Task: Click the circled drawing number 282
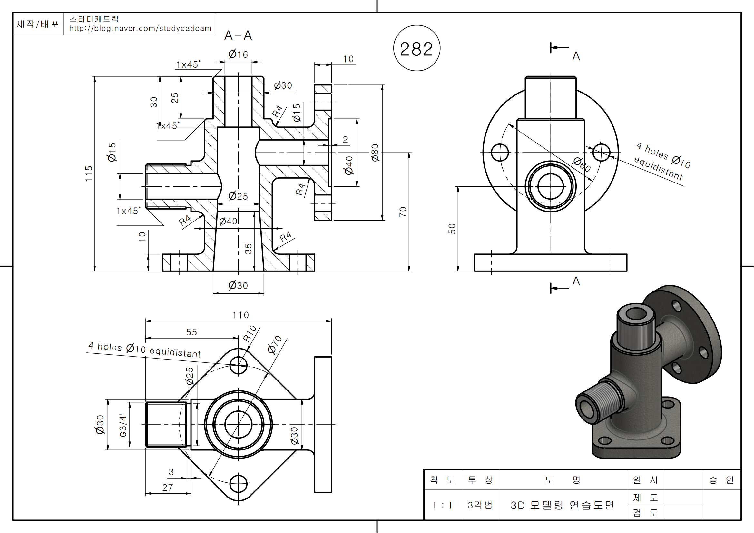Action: click(x=416, y=49)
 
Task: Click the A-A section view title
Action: click(x=238, y=36)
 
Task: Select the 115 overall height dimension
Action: click(x=89, y=173)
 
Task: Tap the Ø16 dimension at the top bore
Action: click(x=238, y=54)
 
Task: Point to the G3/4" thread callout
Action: click(x=123, y=425)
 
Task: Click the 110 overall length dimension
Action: click(x=241, y=315)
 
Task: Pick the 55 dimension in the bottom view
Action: click(x=191, y=332)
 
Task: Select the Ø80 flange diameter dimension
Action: click(x=375, y=153)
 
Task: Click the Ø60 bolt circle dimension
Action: click(x=582, y=164)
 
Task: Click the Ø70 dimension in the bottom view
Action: click(x=275, y=344)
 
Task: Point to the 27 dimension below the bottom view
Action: click(x=168, y=488)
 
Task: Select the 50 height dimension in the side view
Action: click(x=452, y=229)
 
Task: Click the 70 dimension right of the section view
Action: click(x=403, y=212)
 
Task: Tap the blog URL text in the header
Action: click(x=140, y=29)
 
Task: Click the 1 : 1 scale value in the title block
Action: click(x=442, y=505)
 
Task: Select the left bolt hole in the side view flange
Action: click(x=500, y=153)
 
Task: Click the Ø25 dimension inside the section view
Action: click(x=238, y=196)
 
